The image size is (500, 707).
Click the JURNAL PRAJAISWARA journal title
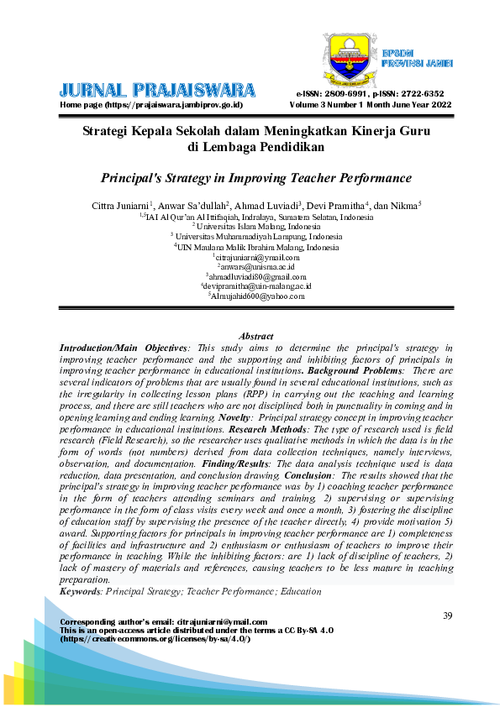click(x=158, y=90)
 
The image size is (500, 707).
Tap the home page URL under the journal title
click(x=151, y=105)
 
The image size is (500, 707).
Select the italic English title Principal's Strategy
click(x=255, y=178)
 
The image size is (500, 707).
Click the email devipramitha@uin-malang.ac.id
click(x=256, y=286)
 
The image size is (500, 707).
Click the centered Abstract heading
click(x=255, y=336)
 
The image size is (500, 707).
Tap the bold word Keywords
click(x=79, y=591)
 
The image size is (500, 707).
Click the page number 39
click(x=447, y=616)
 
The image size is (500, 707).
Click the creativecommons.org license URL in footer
click(x=155, y=638)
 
